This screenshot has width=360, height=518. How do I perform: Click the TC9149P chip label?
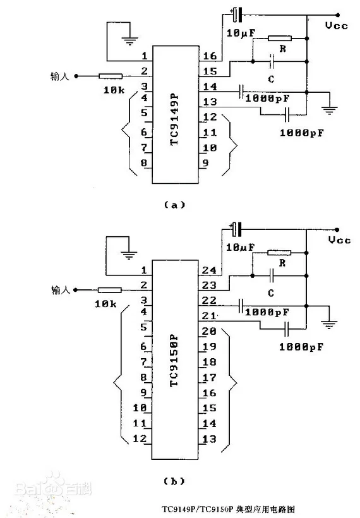pos(174,120)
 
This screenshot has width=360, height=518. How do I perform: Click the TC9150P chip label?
pos(174,360)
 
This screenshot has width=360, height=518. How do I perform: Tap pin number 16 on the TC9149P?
pos(210,56)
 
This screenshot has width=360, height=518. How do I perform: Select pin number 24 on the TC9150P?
pos(209,270)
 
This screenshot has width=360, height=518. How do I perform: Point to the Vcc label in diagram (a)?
pos(336,25)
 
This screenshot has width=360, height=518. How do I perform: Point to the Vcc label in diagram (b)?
pos(339,240)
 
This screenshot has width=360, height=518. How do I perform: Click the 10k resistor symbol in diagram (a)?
pos(111,76)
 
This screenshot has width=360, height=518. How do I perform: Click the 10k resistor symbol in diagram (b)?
pos(110,290)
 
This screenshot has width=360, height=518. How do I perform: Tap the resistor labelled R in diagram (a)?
pos(280,39)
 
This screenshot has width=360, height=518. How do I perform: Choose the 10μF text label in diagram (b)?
pos(240,247)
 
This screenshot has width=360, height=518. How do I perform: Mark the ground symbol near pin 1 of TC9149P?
pos(129,40)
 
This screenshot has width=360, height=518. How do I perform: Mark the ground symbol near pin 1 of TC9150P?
pos(129,255)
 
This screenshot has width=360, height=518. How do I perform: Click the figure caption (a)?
pos(175,205)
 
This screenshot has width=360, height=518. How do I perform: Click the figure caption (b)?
pos(174,481)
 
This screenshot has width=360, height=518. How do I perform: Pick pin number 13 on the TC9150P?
pos(209,439)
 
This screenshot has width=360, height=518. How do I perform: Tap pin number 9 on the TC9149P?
pos(205,162)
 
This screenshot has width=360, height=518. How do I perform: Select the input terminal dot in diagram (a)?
pos(76,76)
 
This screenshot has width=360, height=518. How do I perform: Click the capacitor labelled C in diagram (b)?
pos(272,275)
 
